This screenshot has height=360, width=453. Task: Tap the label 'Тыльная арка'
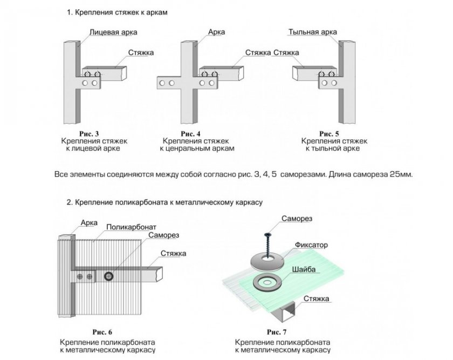pyautogui.click(x=313, y=32)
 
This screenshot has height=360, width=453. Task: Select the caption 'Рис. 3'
pyautogui.click(x=89, y=133)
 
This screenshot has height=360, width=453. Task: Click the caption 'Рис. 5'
pyautogui.click(x=328, y=133)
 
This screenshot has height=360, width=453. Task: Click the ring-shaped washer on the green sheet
pyautogui.click(x=265, y=281)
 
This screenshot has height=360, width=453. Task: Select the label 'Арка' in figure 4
pyautogui.click(x=216, y=32)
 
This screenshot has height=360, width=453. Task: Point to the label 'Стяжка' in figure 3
pyautogui.click(x=142, y=52)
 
